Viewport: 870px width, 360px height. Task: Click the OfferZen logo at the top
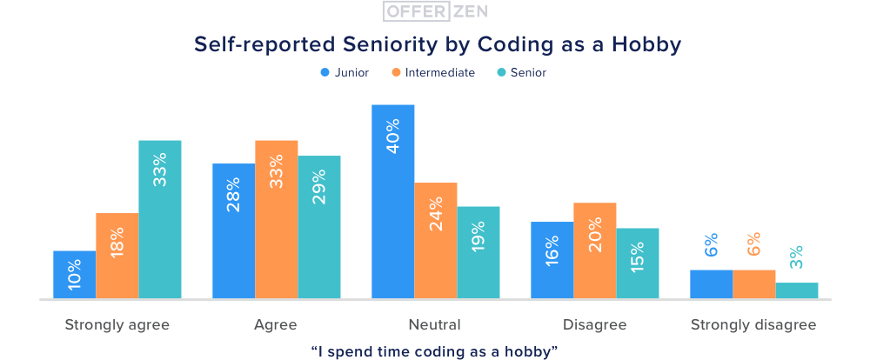[x=434, y=12]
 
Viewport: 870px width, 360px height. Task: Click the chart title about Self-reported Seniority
[x=434, y=43]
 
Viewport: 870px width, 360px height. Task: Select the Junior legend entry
[x=345, y=73]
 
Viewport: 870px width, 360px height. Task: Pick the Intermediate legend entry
[x=433, y=73]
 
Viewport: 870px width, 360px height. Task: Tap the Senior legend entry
[x=522, y=73]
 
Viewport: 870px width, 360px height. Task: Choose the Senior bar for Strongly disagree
[x=797, y=290]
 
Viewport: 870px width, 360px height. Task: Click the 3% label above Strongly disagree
[x=797, y=257]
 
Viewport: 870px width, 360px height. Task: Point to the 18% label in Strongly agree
[x=117, y=241]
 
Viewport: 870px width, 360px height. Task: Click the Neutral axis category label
[x=434, y=325]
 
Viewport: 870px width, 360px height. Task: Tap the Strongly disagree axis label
[x=753, y=325]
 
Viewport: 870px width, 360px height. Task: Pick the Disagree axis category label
[x=595, y=325]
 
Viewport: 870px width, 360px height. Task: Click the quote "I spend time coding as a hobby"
[x=434, y=350]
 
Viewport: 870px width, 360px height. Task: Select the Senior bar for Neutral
[x=478, y=252]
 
